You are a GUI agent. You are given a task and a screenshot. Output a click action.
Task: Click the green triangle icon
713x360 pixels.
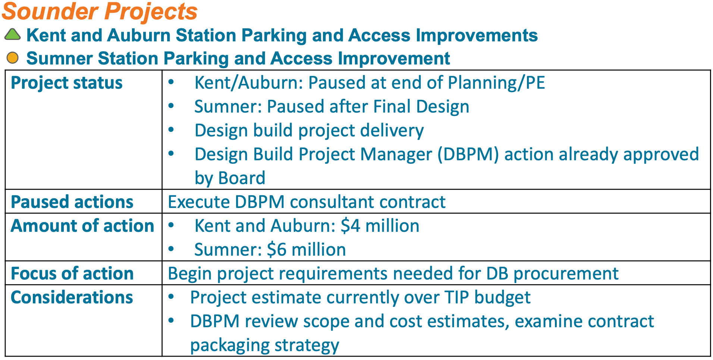pyautogui.click(x=12, y=35)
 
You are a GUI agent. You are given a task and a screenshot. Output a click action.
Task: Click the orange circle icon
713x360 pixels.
pyautogui.click(x=13, y=58)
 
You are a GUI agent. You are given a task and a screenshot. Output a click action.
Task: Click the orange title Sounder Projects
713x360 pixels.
pyautogui.click(x=100, y=11)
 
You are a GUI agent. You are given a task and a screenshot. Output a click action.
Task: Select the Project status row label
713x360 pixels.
pyautogui.click(x=67, y=83)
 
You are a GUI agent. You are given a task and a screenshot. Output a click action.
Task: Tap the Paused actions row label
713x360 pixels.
pyautogui.click(x=72, y=202)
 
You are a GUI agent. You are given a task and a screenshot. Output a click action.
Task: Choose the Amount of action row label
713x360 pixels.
pyautogui.click(x=82, y=226)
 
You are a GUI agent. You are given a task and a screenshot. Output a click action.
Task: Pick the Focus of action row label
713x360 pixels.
pyautogui.click(x=72, y=274)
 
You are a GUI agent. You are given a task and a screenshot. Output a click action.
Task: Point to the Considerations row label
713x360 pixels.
pyautogui.click(x=72, y=297)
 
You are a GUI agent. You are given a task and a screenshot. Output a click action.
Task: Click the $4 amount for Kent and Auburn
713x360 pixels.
pyautogui.click(x=351, y=226)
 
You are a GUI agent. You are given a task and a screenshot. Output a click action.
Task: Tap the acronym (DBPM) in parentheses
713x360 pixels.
pyautogui.click(x=468, y=154)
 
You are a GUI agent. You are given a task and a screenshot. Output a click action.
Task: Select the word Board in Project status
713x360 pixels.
pyautogui.click(x=242, y=178)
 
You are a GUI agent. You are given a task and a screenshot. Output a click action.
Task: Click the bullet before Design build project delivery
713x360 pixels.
pyautogui.click(x=171, y=130)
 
